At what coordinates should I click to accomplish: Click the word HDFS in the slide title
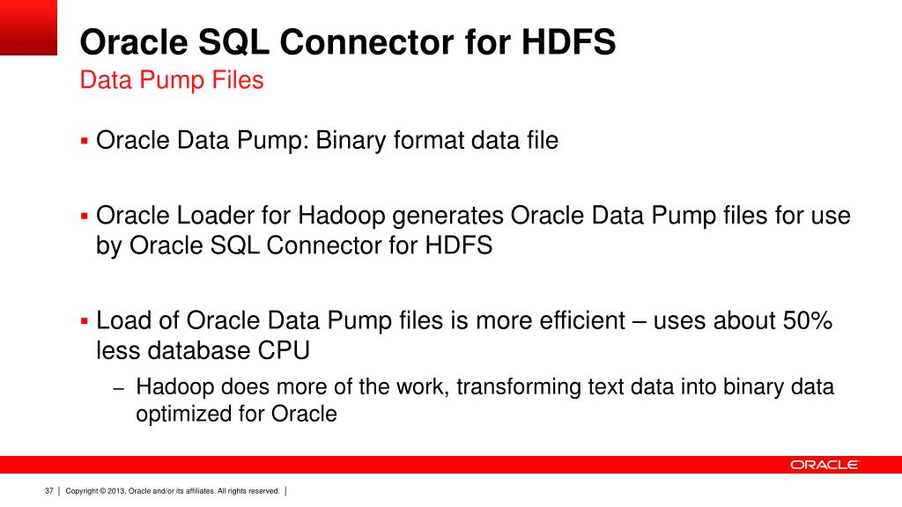[x=570, y=42]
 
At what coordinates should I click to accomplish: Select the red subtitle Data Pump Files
[x=172, y=80]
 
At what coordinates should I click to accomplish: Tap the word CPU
[x=283, y=350]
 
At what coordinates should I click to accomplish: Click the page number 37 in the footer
[x=49, y=490]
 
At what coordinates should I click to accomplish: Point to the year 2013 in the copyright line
[x=116, y=490]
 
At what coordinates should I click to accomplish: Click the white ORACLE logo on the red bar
[x=824, y=465]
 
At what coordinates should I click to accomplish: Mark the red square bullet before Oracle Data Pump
[x=85, y=140]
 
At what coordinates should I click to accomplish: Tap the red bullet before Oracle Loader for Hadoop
[x=85, y=216]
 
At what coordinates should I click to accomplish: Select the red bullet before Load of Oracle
[x=85, y=320]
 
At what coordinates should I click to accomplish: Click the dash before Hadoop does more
[x=120, y=387]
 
